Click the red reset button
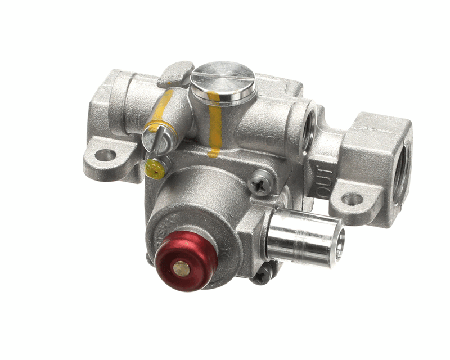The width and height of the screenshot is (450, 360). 186,262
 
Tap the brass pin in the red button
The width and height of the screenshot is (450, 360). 181,269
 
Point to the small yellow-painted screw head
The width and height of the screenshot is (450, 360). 154,167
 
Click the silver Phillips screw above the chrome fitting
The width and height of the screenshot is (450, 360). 262,182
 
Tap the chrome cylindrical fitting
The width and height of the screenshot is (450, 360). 304,236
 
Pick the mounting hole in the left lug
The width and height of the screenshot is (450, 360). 105,155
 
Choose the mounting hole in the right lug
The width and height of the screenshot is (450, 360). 352,199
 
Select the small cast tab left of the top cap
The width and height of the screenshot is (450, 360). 176,73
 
